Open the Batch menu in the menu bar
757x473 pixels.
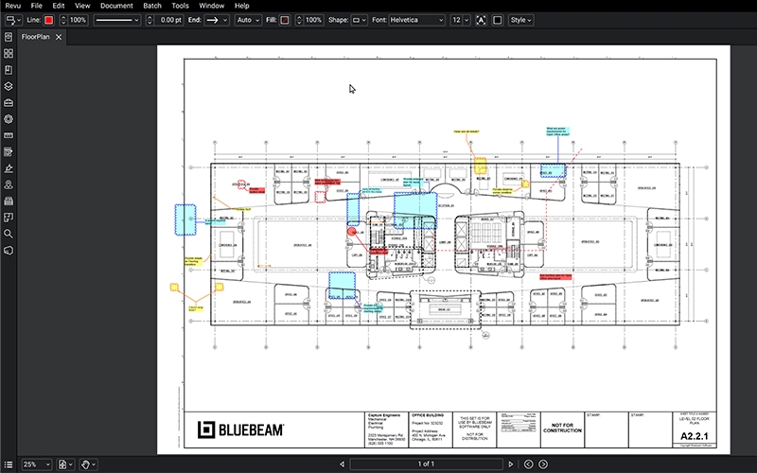[x=151, y=6]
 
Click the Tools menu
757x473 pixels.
[x=181, y=6]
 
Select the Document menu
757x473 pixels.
[x=116, y=6]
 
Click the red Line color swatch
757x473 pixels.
[x=48, y=20]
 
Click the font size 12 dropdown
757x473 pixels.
[x=460, y=20]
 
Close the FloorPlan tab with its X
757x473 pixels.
[x=59, y=37]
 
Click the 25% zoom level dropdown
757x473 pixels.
[x=36, y=464]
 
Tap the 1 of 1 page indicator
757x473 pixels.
[x=425, y=464]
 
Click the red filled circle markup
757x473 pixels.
[x=352, y=231]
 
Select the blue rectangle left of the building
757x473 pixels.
[x=185, y=219]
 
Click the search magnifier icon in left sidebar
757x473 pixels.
[x=9, y=233]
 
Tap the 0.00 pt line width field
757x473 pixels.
[x=168, y=20]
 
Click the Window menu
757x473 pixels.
[x=213, y=6]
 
